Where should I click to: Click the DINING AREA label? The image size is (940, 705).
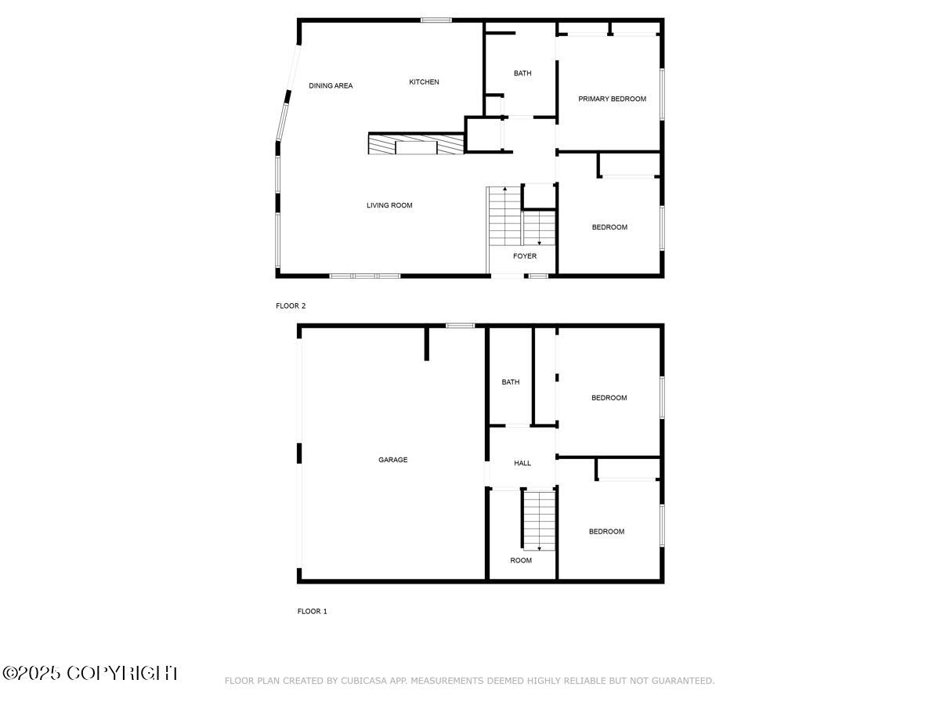click(x=331, y=86)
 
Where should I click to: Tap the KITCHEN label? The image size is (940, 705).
click(x=425, y=82)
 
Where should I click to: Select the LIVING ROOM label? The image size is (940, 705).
click(x=389, y=206)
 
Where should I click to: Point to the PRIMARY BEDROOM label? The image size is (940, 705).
click(x=612, y=99)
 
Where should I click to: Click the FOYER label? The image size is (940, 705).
click(x=525, y=256)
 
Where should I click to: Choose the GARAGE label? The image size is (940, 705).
click(x=393, y=460)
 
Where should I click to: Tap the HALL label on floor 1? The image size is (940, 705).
click(x=522, y=463)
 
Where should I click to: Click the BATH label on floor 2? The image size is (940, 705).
click(x=522, y=74)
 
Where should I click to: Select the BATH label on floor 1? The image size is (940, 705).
click(x=511, y=382)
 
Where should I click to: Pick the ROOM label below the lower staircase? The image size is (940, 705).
click(x=521, y=560)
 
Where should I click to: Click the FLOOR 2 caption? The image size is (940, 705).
click(x=291, y=305)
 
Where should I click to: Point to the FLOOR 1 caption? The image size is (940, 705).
click(x=313, y=611)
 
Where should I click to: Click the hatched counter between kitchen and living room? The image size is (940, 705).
click(x=416, y=145)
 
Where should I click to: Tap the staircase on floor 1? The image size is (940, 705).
click(x=539, y=519)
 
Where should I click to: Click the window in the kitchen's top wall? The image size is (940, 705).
click(x=436, y=20)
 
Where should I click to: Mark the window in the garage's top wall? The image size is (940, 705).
click(x=461, y=325)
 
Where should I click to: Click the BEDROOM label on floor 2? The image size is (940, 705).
click(x=609, y=227)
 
